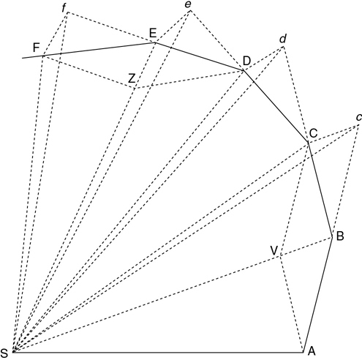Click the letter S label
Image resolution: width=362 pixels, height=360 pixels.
tap(4, 352)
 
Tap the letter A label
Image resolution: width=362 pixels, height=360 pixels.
tap(312, 351)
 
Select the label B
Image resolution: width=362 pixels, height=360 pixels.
tap(340, 236)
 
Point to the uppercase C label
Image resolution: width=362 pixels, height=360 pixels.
tap(313, 133)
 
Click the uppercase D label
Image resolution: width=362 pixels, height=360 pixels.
tap(246, 61)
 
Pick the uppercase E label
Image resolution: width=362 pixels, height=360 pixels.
tap(153, 33)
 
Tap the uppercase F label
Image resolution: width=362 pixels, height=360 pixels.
tap(36, 48)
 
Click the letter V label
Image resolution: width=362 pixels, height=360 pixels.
tap(274, 250)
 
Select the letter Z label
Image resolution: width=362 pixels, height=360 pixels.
tap(132, 79)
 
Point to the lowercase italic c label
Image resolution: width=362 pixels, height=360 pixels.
tap(359, 118)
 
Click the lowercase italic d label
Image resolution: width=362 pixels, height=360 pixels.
tap(283, 39)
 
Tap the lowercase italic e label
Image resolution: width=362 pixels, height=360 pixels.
tap(188, 4)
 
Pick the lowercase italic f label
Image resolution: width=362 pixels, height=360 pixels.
tap(64, 9)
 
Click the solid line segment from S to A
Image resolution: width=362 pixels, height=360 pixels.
tap(158, 352)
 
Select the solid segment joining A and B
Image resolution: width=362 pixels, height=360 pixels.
tap(318, 294)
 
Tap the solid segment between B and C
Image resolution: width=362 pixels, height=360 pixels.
tap(320, 189)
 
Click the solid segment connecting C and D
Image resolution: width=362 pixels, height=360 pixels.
tap(276, 106)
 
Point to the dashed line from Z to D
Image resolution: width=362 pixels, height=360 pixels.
tap(189, 79)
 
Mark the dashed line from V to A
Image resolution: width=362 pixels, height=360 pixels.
tap(292, 304)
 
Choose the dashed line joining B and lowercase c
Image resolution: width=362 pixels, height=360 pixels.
tap(346, 181)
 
